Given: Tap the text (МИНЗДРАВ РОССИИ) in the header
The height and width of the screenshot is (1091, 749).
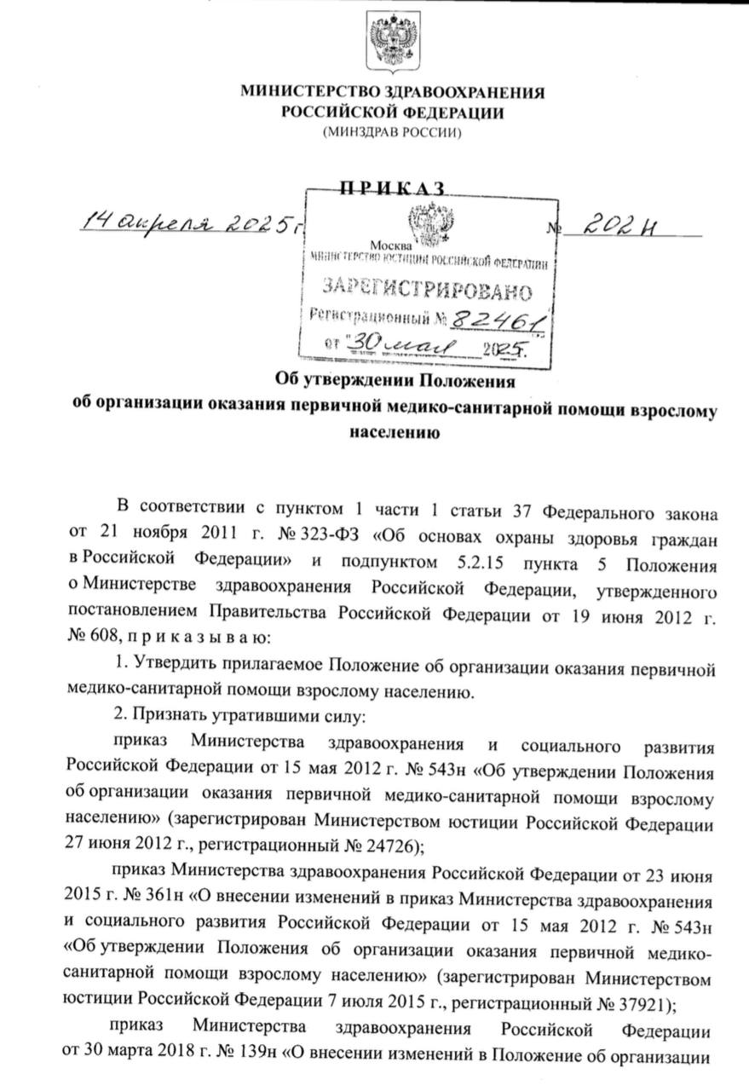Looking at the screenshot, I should [393, 132].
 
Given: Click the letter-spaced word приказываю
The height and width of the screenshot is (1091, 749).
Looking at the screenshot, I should [203, 636].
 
